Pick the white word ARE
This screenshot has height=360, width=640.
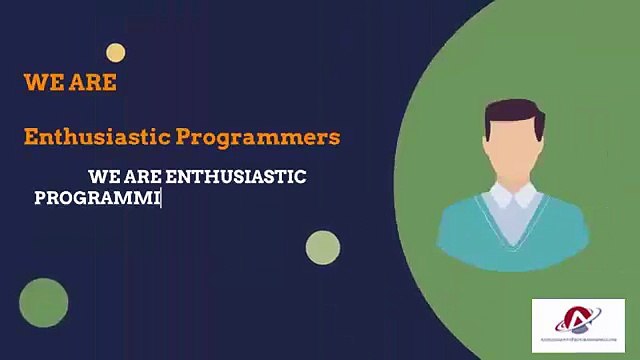(x=145, y=177)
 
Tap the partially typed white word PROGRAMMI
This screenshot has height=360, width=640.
(x=97, y=198)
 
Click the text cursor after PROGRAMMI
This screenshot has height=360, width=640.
(x=161, y=198)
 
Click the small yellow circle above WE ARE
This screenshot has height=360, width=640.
(x=116, y=53)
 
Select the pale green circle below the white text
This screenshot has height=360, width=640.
(x=323, y=247)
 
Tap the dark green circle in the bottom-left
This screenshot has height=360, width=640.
(x=43, y=303)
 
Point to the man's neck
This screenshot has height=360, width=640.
(x=513, y=185)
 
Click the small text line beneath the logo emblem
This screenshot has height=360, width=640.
(x=578, y=342)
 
